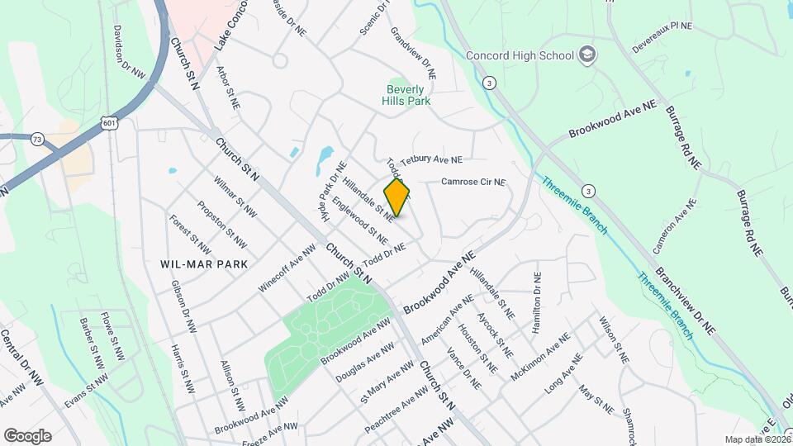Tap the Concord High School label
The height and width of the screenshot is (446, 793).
click(520, 55)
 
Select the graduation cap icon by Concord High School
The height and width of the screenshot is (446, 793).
click(587, 55)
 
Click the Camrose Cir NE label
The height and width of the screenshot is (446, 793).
click(472, 182)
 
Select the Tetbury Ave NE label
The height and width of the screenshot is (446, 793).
click(431, 159)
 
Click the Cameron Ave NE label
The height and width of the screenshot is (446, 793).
click(670, 230)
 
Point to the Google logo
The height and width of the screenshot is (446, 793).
click(27, 436)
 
